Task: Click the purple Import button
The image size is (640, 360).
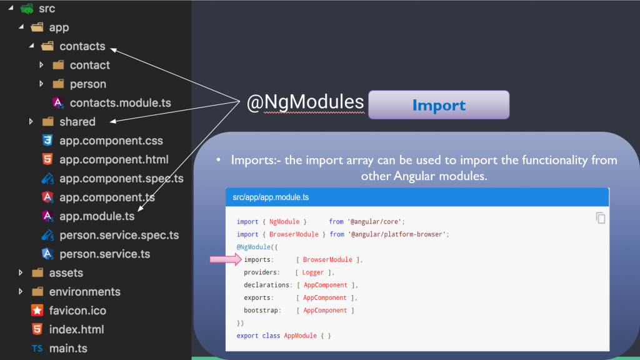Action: (x=439, y=105)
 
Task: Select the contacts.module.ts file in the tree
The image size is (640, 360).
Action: (x=120, y=103)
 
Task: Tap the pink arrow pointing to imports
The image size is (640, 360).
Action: (x=226, y=259)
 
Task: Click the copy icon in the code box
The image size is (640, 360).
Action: (x=601, y=218)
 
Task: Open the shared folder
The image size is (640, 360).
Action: (x=77, y=122)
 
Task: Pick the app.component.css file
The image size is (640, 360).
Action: (x=111, y=141)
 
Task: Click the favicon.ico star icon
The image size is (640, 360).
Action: (x=37, y=311)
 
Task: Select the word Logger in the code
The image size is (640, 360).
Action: (x=312, y=272)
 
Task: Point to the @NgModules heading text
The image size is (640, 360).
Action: (x=305, y=102)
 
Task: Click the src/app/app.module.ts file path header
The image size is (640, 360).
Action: (x=271, y=197)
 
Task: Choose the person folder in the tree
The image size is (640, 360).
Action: (x=87, y=84)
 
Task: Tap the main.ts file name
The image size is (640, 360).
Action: (x=68, y=349)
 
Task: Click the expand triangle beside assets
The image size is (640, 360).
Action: (x=21, y=272)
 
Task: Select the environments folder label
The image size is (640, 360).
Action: (x=84, y=292)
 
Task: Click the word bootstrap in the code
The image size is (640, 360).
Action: (x=261, y=310)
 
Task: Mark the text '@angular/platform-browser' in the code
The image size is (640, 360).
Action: (x=398, y=234)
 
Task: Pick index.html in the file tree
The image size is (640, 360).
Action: (x=76, y=329)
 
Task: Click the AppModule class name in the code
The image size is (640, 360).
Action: (x=301, y=336)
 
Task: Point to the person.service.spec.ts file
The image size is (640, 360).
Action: (x=119, y=235)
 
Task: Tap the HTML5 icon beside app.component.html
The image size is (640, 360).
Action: (x=47, y=159)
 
